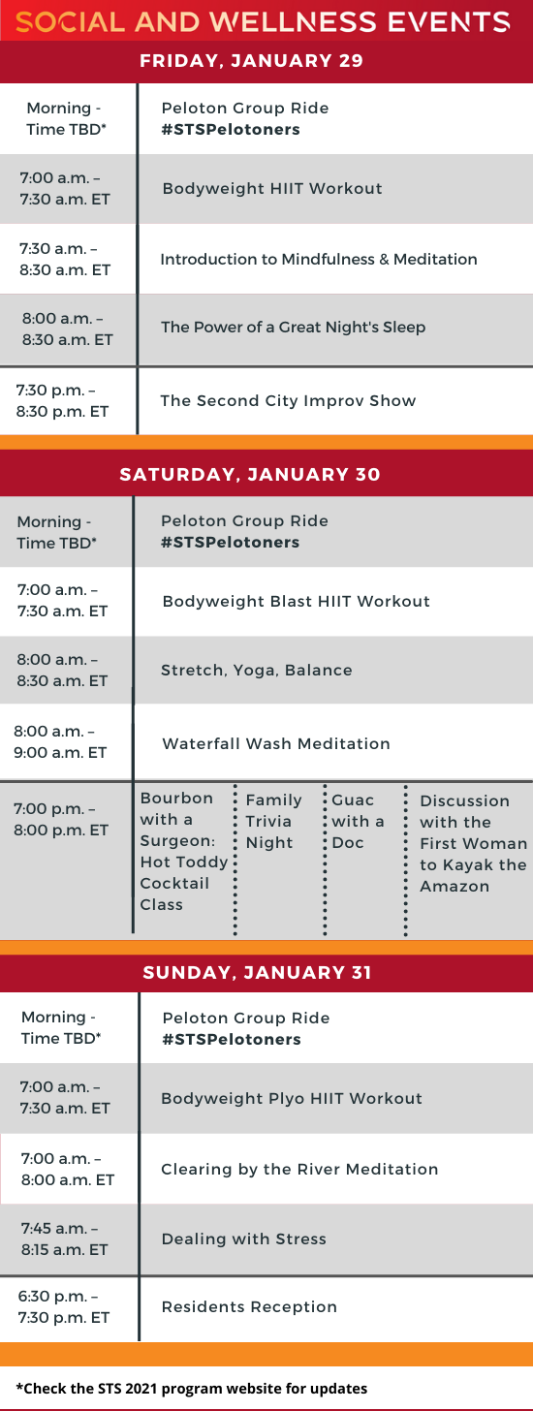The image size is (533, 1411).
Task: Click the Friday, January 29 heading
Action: click(x=251, y=60)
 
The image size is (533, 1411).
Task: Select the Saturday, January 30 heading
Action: click(x=250, y=474)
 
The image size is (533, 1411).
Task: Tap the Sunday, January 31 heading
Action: click(x=258, y=973)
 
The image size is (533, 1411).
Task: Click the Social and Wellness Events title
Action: click(x=263, y=22)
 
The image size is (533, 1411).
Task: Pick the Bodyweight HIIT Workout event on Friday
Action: click(x=272, y=188)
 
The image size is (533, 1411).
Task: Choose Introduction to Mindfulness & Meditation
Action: click(x=319, y=259)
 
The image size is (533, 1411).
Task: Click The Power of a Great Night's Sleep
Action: click(x=293, y=327)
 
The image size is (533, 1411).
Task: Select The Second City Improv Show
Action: click(x=288, y=400)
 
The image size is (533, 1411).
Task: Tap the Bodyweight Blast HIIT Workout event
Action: click(x=297, y=601)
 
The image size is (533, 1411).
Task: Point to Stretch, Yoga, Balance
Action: click(x=257, y=670)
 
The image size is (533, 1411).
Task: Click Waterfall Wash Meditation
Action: click(x=276, y=743)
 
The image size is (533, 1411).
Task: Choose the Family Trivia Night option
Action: click(x=273, y=821)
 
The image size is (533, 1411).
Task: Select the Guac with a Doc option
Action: click(x=358, y=821)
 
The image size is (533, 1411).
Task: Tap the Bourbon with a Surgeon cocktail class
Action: click(x=184, y=851)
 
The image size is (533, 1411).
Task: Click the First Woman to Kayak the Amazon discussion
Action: click(x=473, y=843)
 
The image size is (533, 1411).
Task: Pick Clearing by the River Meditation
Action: click(x=299, y=1169)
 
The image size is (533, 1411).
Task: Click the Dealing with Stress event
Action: click(x=244, y=1239)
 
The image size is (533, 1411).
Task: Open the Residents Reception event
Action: click(x=249, y=1307)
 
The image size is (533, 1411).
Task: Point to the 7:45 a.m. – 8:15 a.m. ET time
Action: click(x=64, y=1239)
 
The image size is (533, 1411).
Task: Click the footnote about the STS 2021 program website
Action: click(x=192, y=1389)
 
